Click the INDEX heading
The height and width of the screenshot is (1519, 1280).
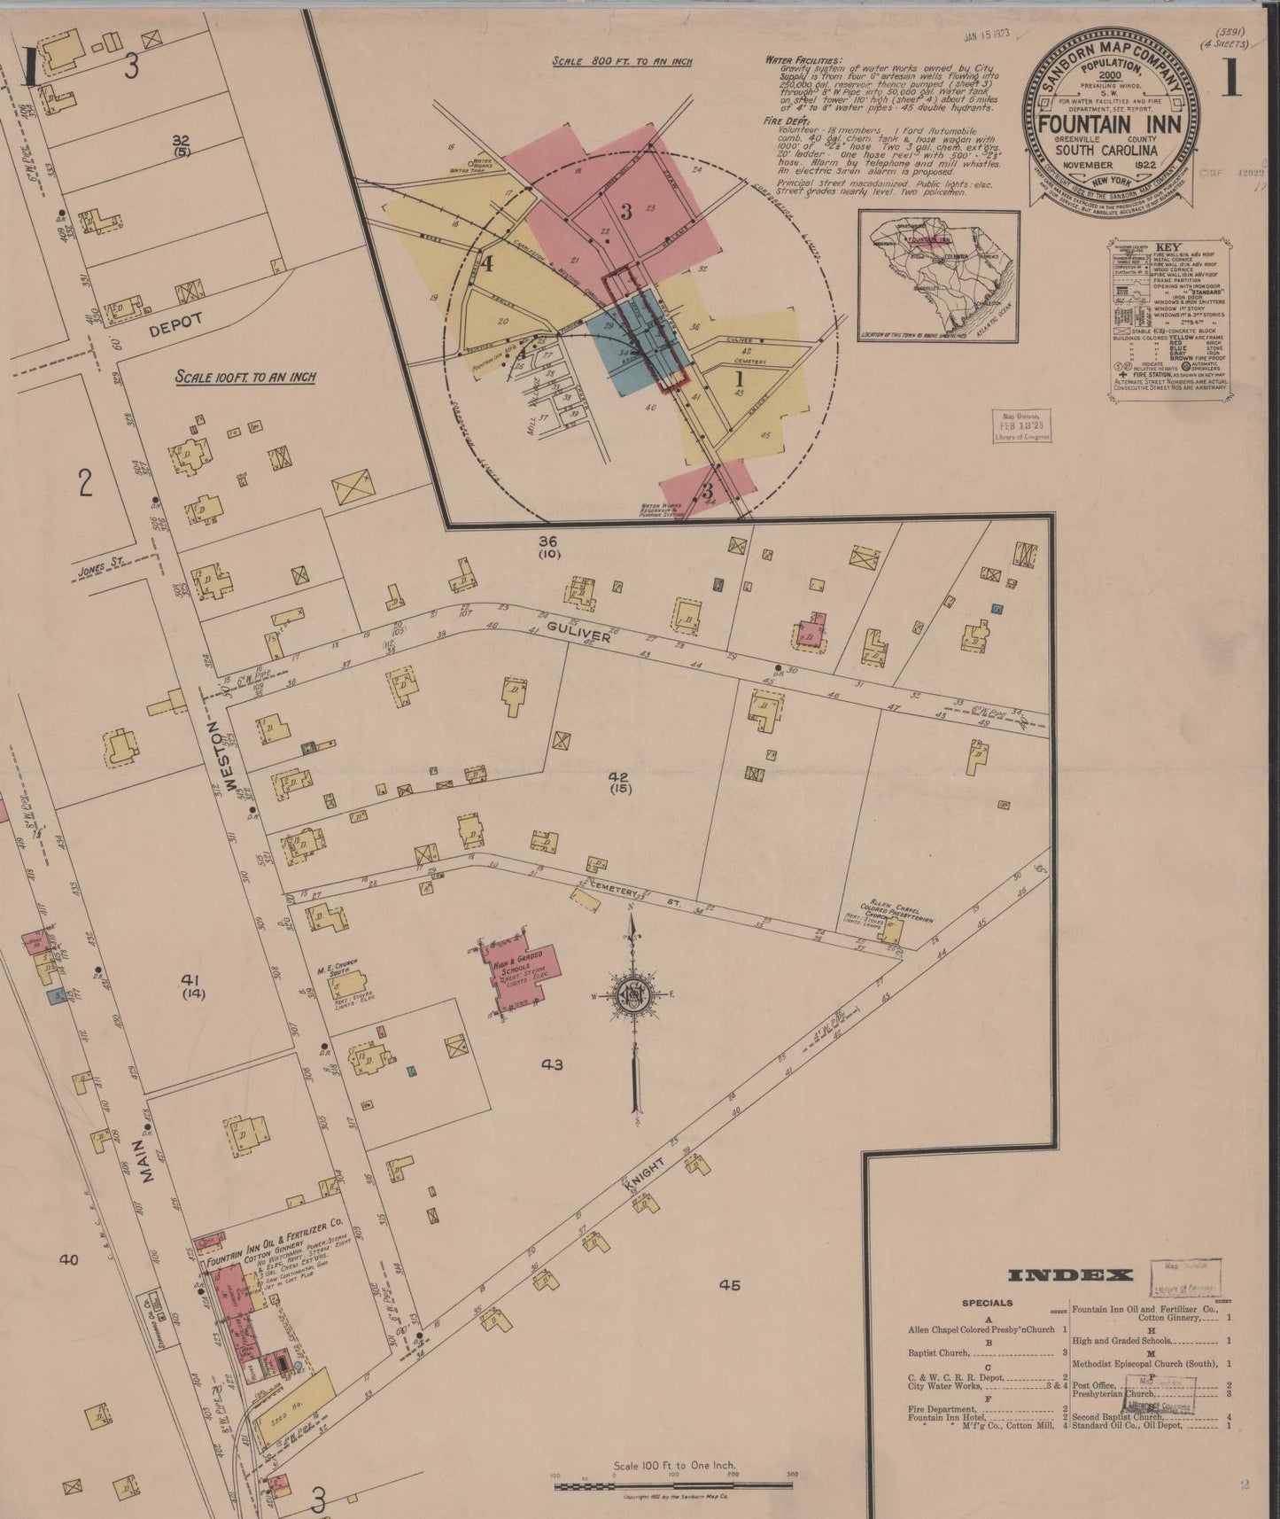coord(1070,1276)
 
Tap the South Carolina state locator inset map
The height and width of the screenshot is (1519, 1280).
coord(939,275)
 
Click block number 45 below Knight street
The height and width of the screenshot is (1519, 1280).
coord(729,1285)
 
